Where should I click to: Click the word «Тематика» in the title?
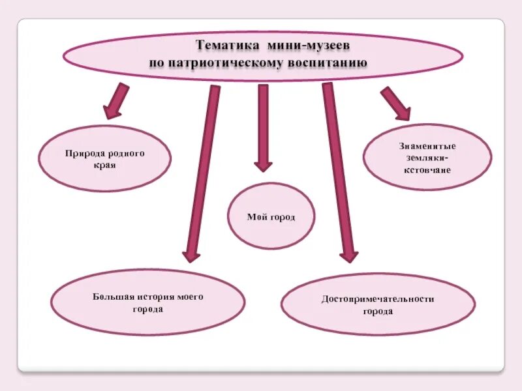(x=228, y=46)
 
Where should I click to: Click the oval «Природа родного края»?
(x=104, y=158)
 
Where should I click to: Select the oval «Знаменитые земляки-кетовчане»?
(x=427, y=157)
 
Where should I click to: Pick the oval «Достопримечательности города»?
(x=378, y=304)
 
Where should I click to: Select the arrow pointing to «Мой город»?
(x=263, y=127)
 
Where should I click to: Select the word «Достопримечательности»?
(x=378, y=299)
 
